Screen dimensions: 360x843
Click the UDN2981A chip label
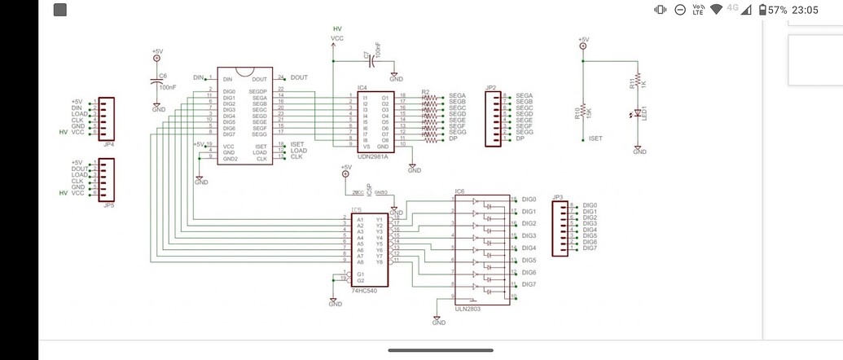373,157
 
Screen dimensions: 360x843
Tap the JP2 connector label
490,87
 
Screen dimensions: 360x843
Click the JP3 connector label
557,197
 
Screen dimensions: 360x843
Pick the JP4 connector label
108,143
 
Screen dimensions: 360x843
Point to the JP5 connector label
108,206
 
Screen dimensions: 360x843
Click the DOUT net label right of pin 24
299,77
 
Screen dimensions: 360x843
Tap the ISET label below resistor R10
595,138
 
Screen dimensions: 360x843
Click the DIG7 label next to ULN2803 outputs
529,283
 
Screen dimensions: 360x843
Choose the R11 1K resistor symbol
639,81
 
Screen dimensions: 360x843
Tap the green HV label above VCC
337,29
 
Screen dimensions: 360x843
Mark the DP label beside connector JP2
520,139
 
